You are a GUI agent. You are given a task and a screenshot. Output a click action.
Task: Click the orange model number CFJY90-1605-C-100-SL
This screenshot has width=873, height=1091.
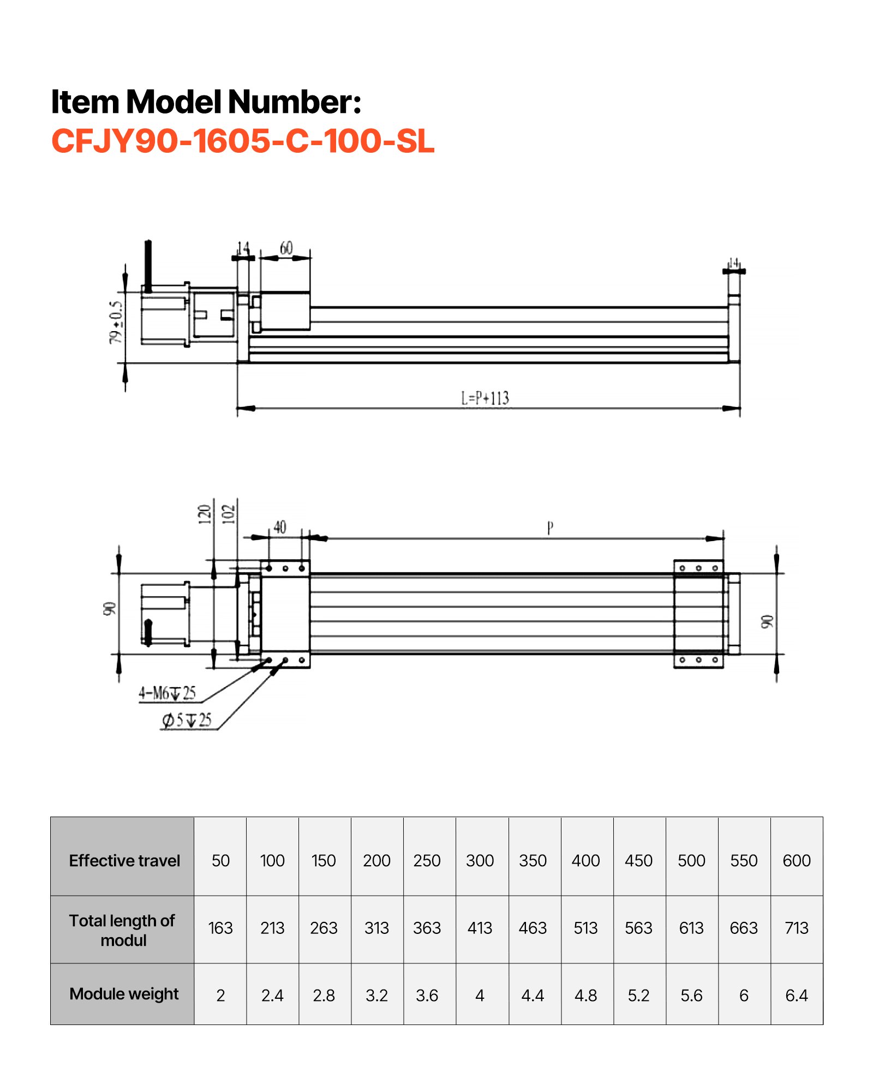pos(243,141)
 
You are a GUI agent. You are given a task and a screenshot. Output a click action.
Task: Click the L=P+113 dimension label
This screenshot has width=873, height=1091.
pos(485,398)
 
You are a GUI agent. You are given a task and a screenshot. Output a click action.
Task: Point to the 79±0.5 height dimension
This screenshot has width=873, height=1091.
pos(116,322)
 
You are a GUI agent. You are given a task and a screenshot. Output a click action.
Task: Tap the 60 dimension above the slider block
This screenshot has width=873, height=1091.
pos(286,249)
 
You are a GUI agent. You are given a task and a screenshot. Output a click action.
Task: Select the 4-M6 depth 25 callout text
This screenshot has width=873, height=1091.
pos(167,693)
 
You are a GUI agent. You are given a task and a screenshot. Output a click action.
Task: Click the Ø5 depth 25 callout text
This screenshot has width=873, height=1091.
pos(187,721)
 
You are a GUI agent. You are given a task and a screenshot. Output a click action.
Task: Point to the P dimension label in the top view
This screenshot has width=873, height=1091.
pos(550,527)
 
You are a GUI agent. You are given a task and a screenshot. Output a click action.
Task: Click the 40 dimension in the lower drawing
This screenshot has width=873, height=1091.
pos(280,527)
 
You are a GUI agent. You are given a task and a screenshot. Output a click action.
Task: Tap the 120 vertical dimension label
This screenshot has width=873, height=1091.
pos(205,514)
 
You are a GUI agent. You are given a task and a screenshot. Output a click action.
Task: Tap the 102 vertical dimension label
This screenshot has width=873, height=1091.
pos(229,514)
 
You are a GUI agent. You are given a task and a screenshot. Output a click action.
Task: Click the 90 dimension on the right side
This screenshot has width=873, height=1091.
pos(767,621)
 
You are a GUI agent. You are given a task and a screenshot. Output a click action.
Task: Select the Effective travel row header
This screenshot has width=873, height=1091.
pos(124,860)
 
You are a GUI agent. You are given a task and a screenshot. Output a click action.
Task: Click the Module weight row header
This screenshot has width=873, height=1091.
pos(124,994)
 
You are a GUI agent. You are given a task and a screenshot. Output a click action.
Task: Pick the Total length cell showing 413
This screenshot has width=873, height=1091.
pos(480,928)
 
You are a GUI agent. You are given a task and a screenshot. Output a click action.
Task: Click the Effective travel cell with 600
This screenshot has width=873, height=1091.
pos(796,860)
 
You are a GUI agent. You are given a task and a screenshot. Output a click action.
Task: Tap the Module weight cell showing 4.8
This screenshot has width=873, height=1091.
pos(585,996)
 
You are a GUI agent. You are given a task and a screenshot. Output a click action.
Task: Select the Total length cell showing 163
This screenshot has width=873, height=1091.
pos(220,928)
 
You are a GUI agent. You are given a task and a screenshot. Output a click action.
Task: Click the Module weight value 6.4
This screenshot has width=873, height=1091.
pos(796,996)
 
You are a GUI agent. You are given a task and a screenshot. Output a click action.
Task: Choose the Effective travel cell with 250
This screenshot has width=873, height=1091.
pos(427,860)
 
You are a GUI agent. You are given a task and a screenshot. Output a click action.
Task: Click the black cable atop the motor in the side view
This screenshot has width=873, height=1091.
pos(148,265)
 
